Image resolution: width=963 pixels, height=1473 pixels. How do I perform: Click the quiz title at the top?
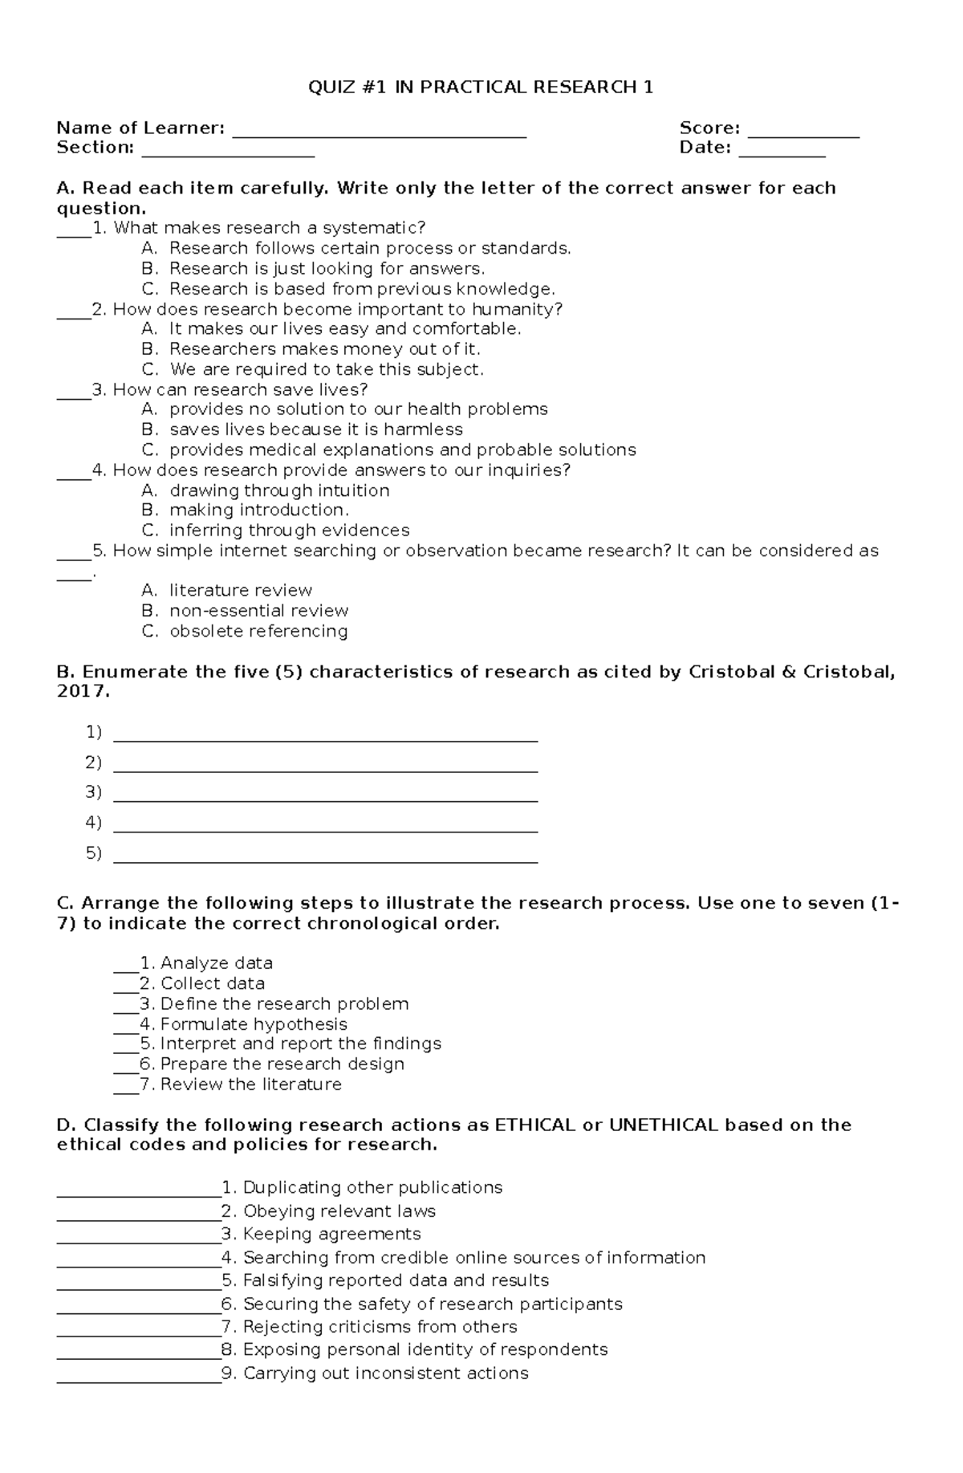481,87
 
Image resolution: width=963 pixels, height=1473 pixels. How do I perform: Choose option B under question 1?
326,269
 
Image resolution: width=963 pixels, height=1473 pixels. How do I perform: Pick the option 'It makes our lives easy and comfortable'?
345,329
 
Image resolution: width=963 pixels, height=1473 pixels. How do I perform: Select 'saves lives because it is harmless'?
316,429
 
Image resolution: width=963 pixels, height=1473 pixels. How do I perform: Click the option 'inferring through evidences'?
289,531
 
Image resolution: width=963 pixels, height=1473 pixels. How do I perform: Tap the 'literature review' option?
241,591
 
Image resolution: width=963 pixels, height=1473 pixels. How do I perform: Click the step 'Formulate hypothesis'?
254,1024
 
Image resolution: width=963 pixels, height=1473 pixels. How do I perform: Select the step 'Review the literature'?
250,1084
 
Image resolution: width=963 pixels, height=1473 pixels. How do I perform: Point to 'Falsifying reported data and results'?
396,1280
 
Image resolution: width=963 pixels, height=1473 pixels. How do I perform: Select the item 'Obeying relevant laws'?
339,1211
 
